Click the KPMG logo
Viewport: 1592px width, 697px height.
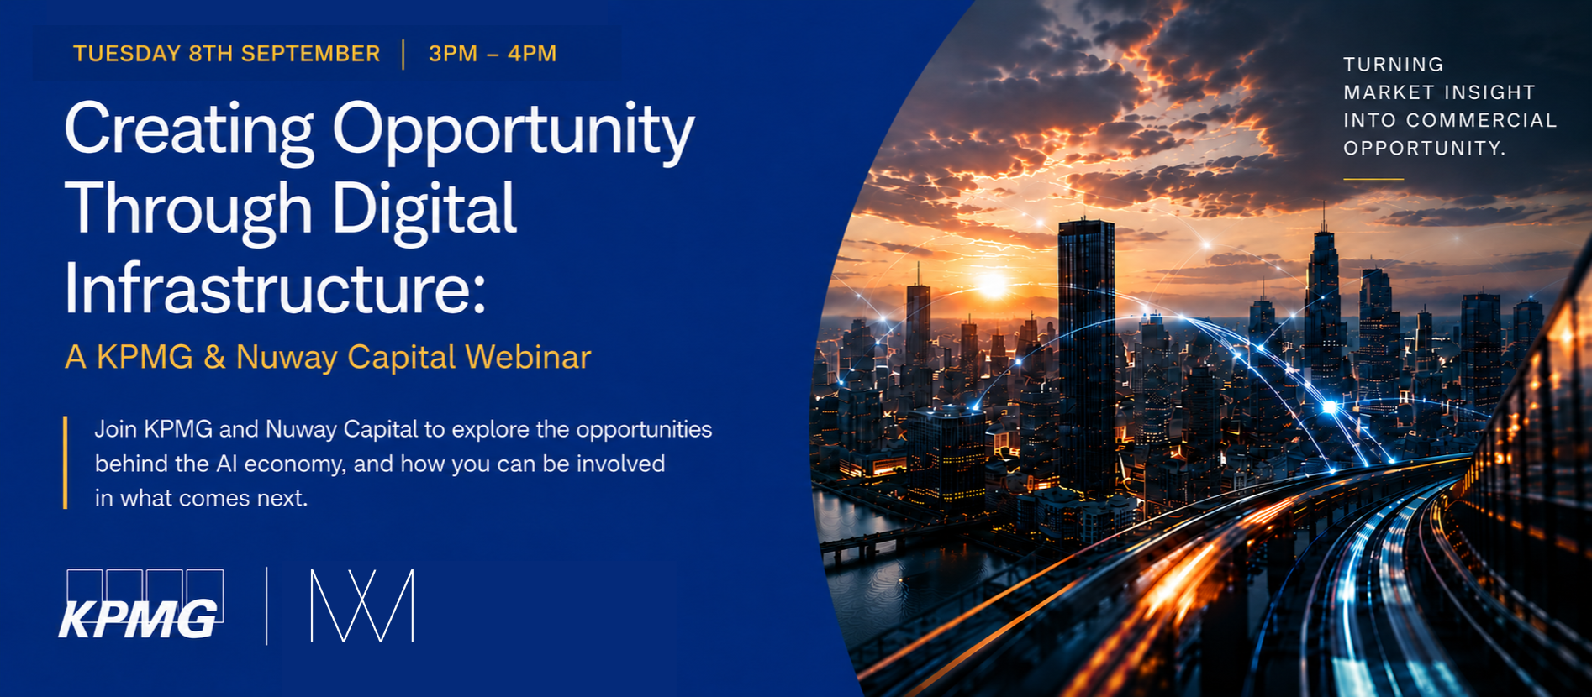[141, 605]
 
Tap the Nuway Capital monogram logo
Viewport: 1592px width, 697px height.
[362, 605]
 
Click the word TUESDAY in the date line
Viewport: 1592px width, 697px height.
[127, 54]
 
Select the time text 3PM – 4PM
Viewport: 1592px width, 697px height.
[493, 54]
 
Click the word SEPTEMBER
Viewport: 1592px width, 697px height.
[310, 54]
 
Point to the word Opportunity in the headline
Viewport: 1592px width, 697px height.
[514, 132]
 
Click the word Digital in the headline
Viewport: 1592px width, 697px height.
[424, 210]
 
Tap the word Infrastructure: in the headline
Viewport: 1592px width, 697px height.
[276, 288]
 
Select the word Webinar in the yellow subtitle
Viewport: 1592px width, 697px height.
[528, 357]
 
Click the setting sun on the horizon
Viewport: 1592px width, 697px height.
[993, 286]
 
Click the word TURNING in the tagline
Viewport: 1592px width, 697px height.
[1394, 65]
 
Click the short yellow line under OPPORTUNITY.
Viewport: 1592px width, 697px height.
[1373, 179]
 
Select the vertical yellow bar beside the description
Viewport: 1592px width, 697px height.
[65, 462]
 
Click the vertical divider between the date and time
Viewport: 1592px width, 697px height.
[403, 54]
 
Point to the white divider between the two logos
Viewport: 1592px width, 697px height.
[267, 605]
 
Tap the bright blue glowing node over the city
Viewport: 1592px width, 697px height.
[1330, 407]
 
